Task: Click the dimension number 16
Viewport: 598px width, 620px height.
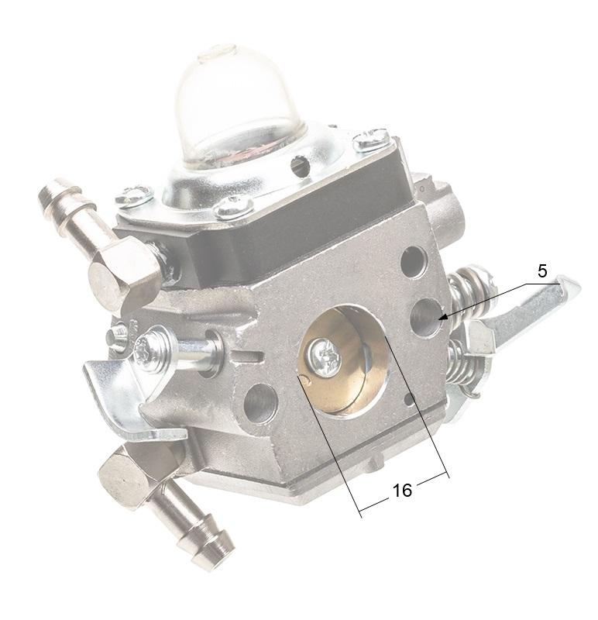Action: [402, 491]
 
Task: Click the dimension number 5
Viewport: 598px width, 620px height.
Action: [541, 271]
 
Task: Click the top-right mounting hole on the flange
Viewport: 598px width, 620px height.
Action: [413, 262]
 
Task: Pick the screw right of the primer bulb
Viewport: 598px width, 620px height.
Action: [371, 140]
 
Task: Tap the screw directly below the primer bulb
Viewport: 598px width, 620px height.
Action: [233, 206]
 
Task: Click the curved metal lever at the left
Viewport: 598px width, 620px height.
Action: [116, 395]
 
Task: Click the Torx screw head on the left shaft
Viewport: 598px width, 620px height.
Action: [147, 350]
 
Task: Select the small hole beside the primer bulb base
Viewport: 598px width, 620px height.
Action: [300, 165]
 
